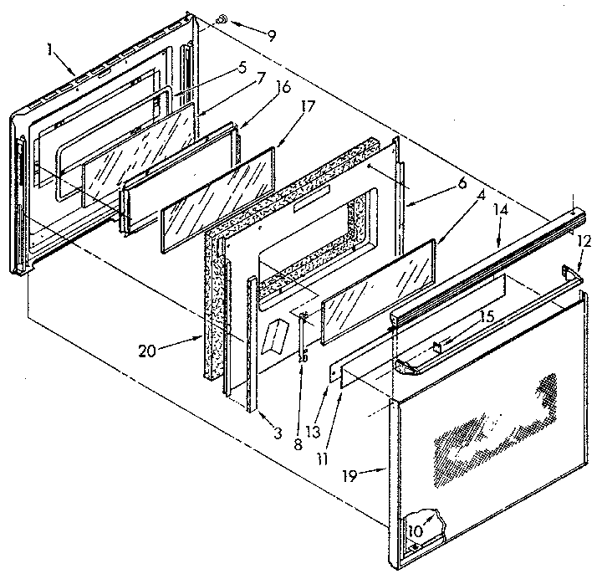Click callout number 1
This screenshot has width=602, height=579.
[52, 49]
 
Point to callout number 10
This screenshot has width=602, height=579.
[415, 530]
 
